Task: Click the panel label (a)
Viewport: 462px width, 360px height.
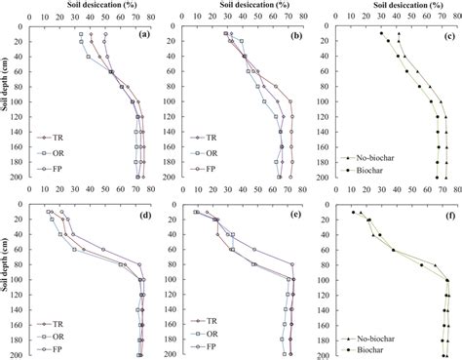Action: tap(143, 35)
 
